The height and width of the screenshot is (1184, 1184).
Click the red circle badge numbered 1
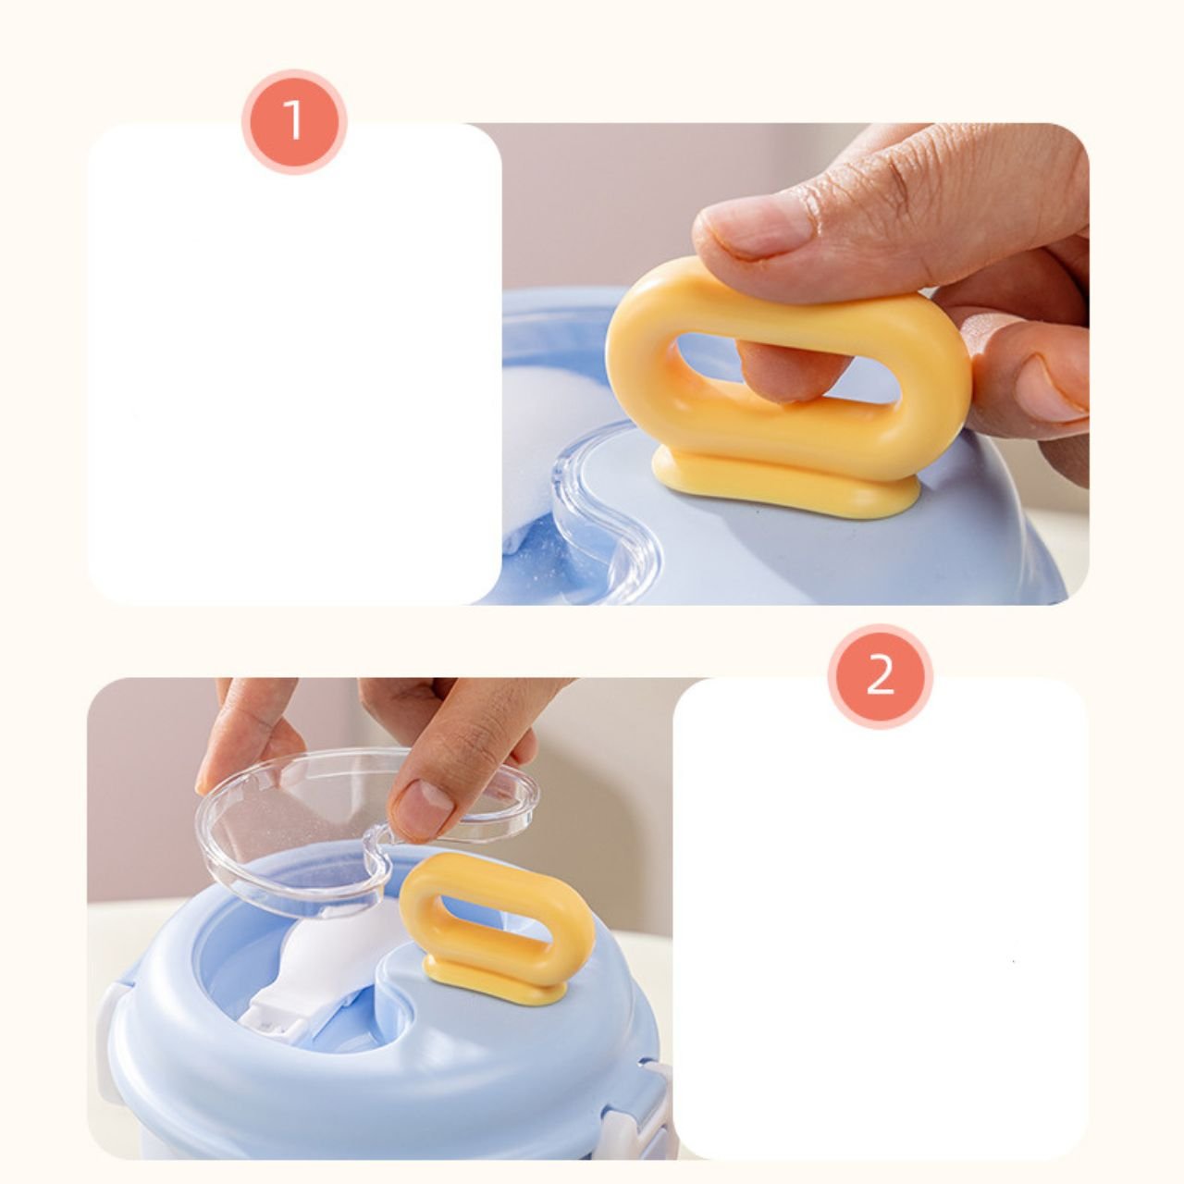pyautogui.click(x=294, y=122)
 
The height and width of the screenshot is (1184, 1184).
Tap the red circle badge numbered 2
pyautogui.click(x=880, y=676)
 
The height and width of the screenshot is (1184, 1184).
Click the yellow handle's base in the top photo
pyautogui.click(x=785, y=479)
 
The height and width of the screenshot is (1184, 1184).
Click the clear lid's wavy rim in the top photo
pyautogui.click(x=609, y=523)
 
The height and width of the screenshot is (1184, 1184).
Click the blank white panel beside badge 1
pyautogui.click(x=294, y=364)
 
